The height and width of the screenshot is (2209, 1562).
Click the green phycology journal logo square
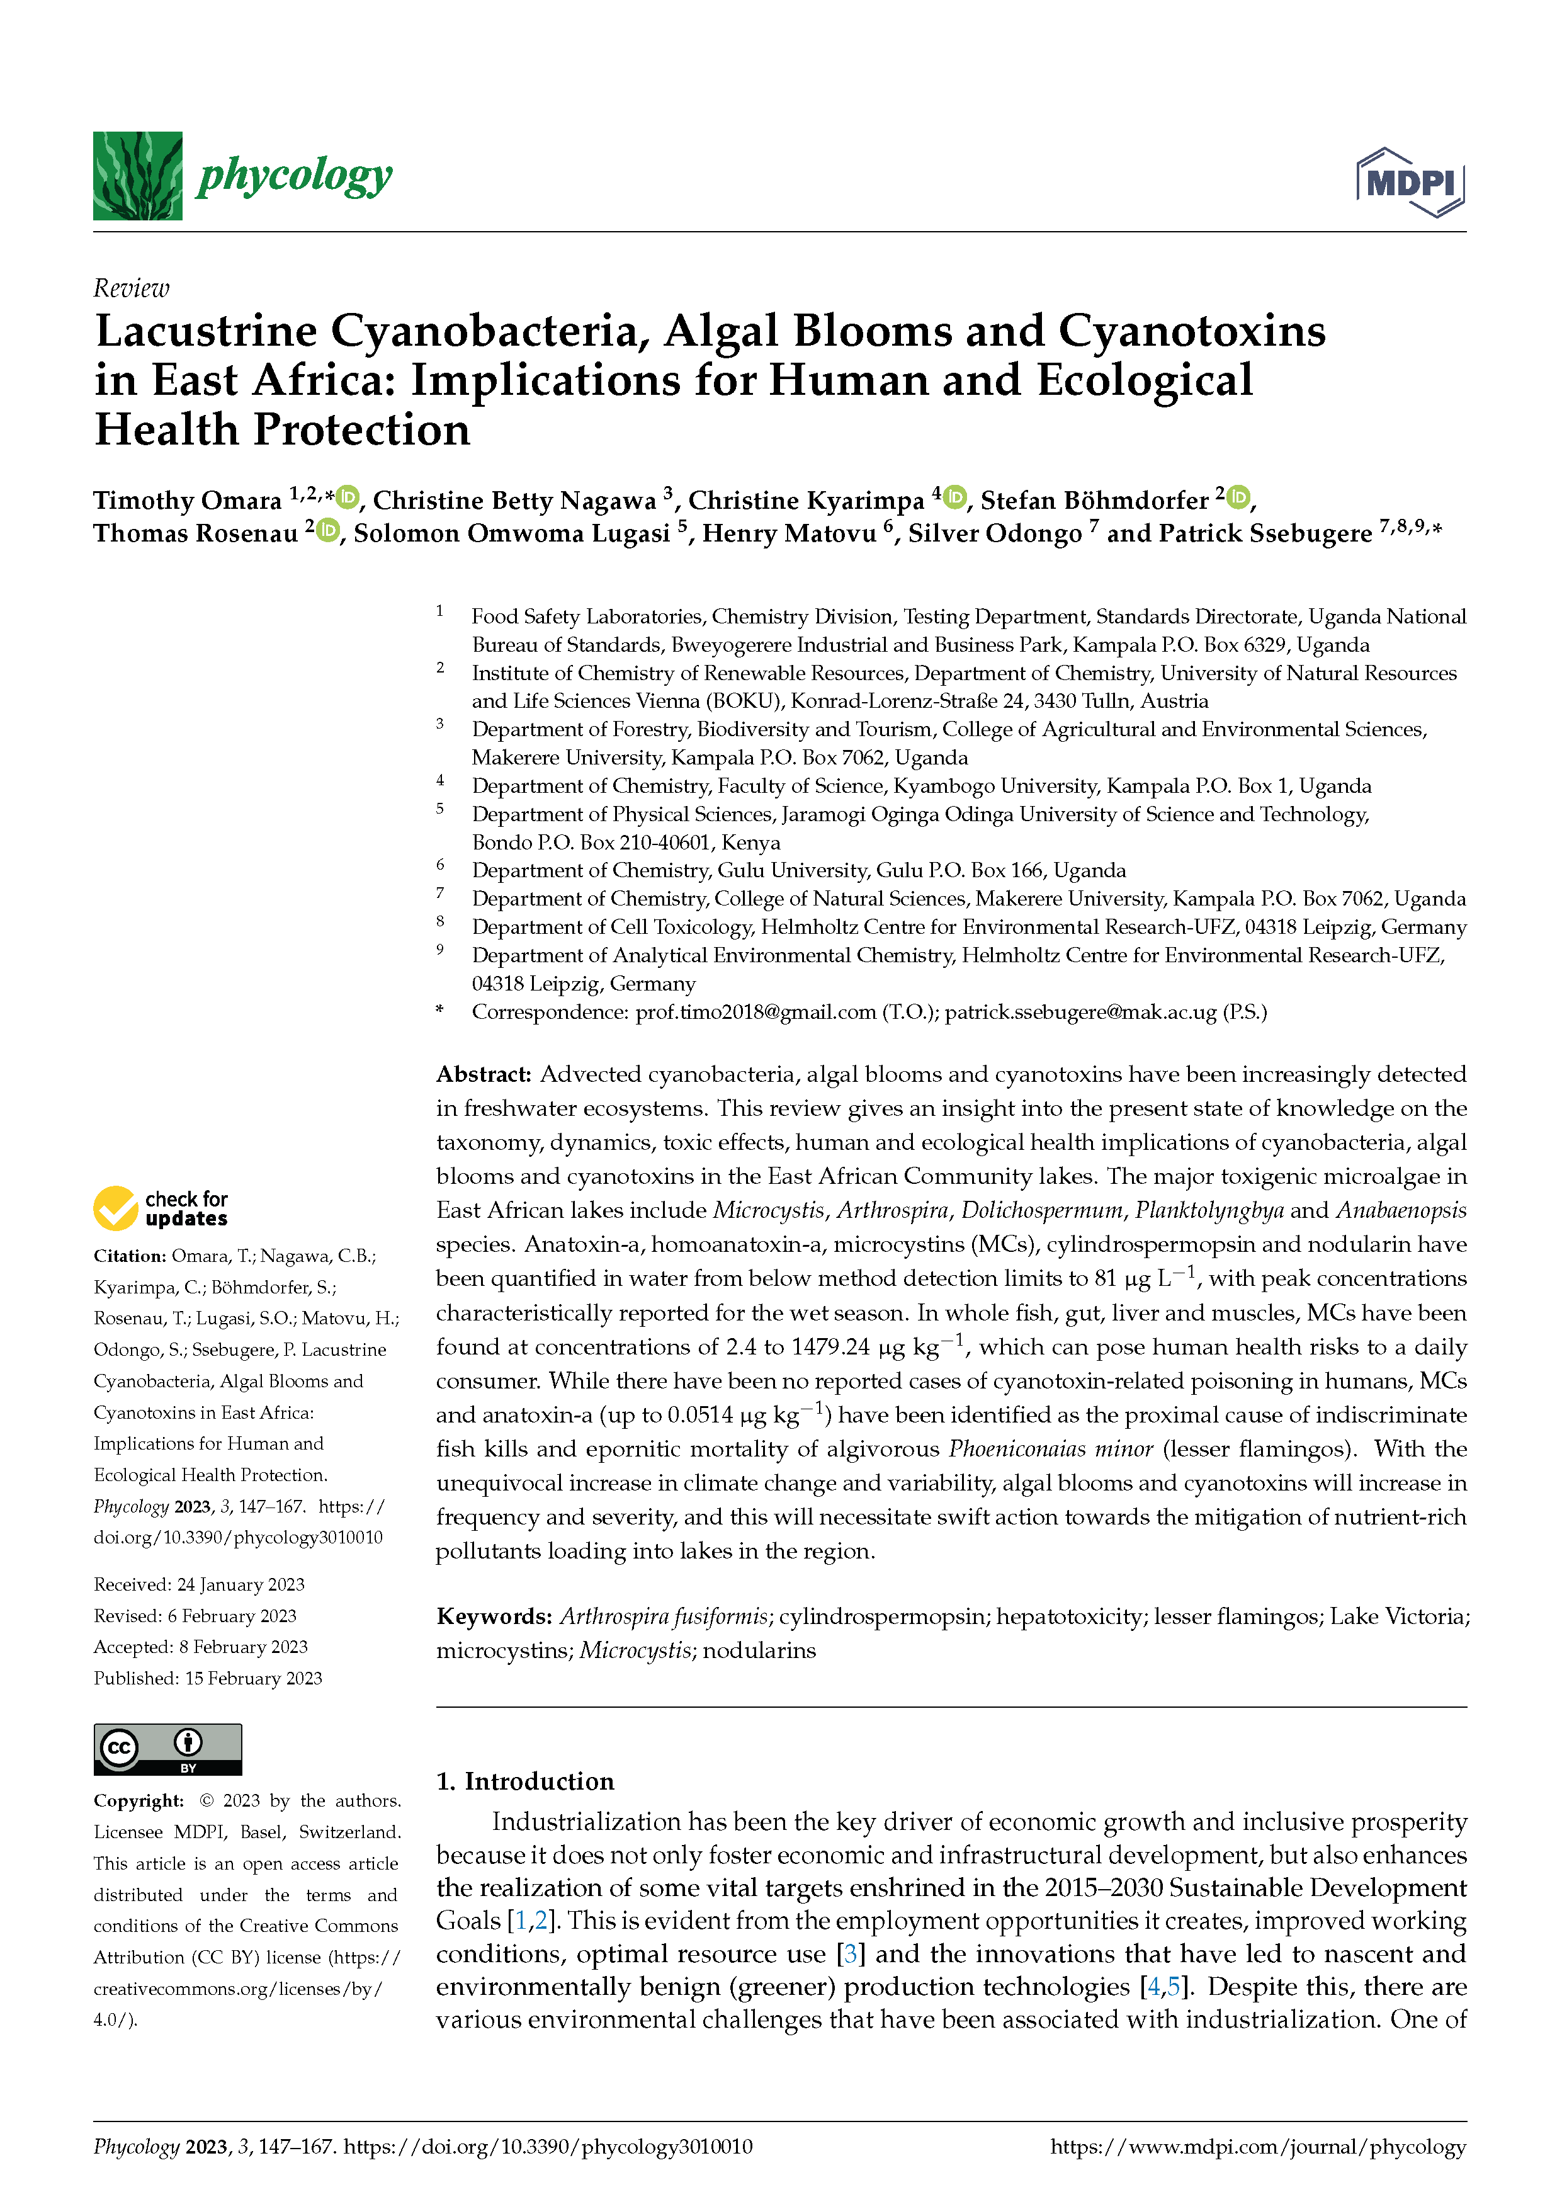tap(137, 176)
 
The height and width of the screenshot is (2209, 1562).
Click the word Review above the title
tap(131, 288)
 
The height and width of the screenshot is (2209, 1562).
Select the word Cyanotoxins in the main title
tap(1192, 332)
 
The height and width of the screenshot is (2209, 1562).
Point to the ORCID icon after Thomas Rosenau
tap(328, 530)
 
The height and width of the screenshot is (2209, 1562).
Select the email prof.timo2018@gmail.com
tap(755, 1012)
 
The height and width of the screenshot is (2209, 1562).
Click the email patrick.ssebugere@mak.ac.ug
tap(1080, 1012)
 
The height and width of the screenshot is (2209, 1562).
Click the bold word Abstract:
tap(484, 1074)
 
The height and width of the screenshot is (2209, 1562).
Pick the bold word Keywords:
tap(494, 1616)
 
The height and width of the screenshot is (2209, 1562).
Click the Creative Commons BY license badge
tap(167, 1749)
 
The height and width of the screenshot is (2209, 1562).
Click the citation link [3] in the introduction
tap(850, 1954)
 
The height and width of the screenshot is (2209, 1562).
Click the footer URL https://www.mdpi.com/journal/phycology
tap(1257, 2147)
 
